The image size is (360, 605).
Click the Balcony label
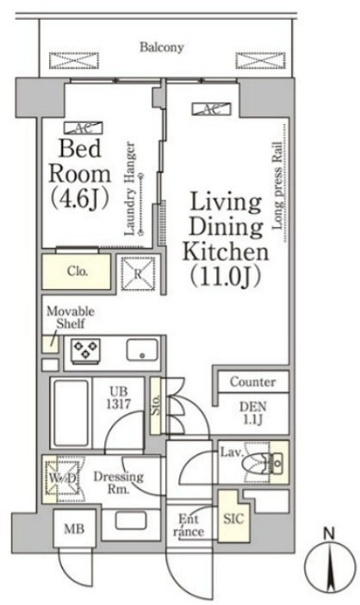pos(161,47)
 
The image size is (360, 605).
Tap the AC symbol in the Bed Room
pos(84,127)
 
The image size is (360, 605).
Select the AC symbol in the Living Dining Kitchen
pos(211,109)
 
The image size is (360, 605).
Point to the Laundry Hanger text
pos(130,188)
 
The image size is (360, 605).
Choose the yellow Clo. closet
pos(77,271)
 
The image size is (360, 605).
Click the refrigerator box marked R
pos(139,274)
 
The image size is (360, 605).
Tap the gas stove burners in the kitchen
pos(85,350)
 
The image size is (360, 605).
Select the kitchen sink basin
pos(142,350)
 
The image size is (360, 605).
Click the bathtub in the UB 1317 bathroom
pos(71,413)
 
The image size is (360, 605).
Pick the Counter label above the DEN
pos(252,382)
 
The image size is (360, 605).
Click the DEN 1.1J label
pos(253,413)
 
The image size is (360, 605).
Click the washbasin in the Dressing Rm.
pos(131,521)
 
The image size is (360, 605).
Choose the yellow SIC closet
pos(233,516)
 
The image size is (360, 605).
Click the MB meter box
pos(74,528)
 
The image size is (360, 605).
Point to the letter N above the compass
pos(329,534)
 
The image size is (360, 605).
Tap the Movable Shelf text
pos(71,318)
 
